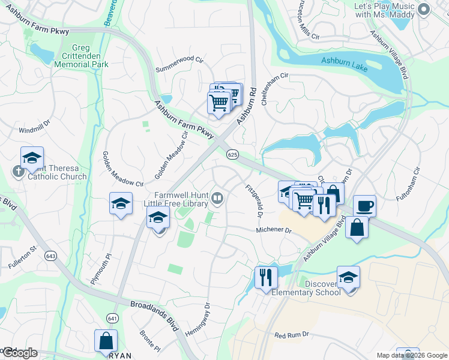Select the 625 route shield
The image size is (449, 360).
pos(233,155)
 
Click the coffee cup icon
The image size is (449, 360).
pos(364,206)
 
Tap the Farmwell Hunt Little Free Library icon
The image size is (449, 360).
pos(218,197)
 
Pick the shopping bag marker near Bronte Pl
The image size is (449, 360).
pos(106,340)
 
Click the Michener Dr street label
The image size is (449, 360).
pos(273,230)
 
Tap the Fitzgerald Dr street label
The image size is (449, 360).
pos(255,201)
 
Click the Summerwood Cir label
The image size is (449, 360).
pos(180,61)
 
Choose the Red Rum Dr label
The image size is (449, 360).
pos(291,334)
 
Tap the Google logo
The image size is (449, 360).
pos(19,353)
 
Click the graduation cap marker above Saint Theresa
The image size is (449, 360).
pos(32,158)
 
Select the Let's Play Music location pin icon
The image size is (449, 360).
pos(424,8)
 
